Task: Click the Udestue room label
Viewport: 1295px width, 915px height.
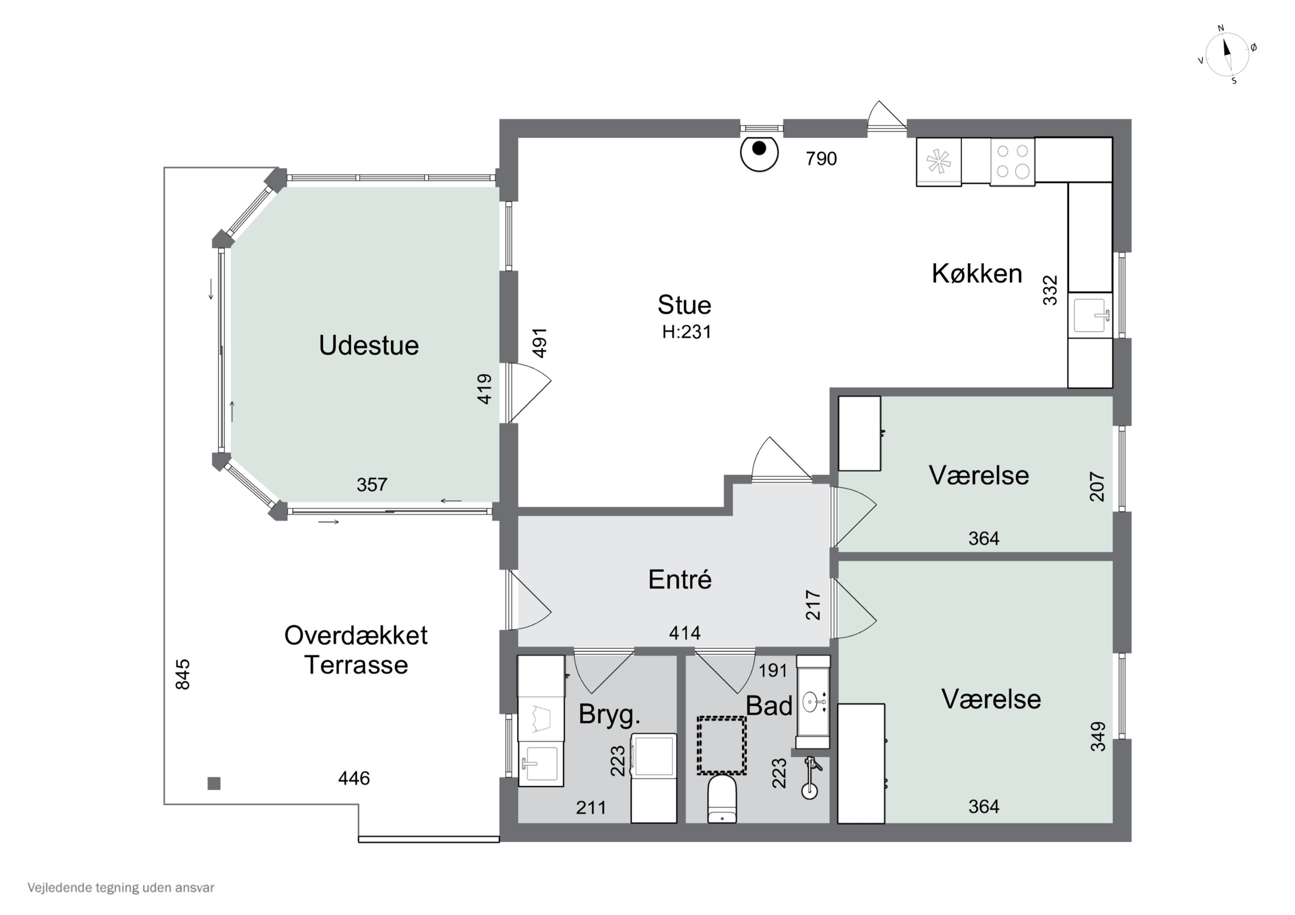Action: (369, 345)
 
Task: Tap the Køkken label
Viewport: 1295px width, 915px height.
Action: (977, 274)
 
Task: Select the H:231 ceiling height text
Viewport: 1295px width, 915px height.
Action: (686, 332)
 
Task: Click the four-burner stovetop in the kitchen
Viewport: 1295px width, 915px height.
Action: (1012, 162)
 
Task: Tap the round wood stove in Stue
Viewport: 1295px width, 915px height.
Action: (759, 152)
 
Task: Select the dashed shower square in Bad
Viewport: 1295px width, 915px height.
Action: (721, 745)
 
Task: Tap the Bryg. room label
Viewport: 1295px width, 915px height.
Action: (610, 715)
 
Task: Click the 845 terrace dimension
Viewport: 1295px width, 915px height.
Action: (183, 674)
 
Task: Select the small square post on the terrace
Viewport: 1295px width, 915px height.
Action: (214, 783)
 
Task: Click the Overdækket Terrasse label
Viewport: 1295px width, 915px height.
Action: (356, 650)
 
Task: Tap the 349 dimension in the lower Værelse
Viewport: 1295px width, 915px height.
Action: (1098, 736)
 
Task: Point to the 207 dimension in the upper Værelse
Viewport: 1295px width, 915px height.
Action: (1097, 487)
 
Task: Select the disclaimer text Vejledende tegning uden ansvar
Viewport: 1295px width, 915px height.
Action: (121, 888)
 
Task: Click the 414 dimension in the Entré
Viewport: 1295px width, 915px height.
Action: (685, 634)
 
